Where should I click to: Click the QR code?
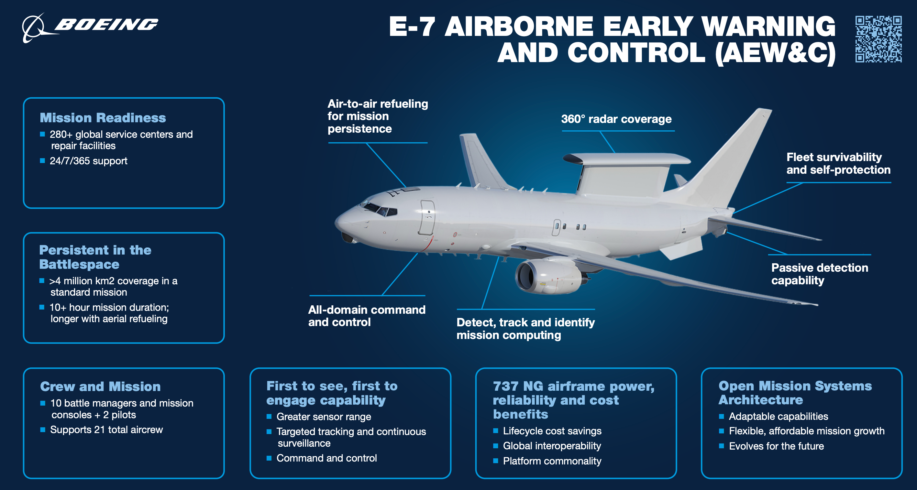pos(878,39)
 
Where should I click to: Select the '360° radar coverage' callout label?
pos(616,119)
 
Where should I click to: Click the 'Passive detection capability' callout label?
pos(820,274)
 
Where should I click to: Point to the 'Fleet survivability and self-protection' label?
pos(838,163)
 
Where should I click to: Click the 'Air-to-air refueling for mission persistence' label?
pos(377,116)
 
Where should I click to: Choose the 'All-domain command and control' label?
pos(367,316)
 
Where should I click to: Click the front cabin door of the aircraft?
pos(427,217)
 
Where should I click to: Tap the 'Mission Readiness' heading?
pos(103,118)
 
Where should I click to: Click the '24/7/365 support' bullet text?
pos(88,161)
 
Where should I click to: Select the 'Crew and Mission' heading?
pos(100,387)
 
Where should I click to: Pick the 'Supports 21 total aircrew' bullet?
pos(106,430)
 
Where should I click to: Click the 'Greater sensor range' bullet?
pos(324,417)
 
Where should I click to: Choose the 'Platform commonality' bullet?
pos(552,461)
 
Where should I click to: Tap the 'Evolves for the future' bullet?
pos(776,446)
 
